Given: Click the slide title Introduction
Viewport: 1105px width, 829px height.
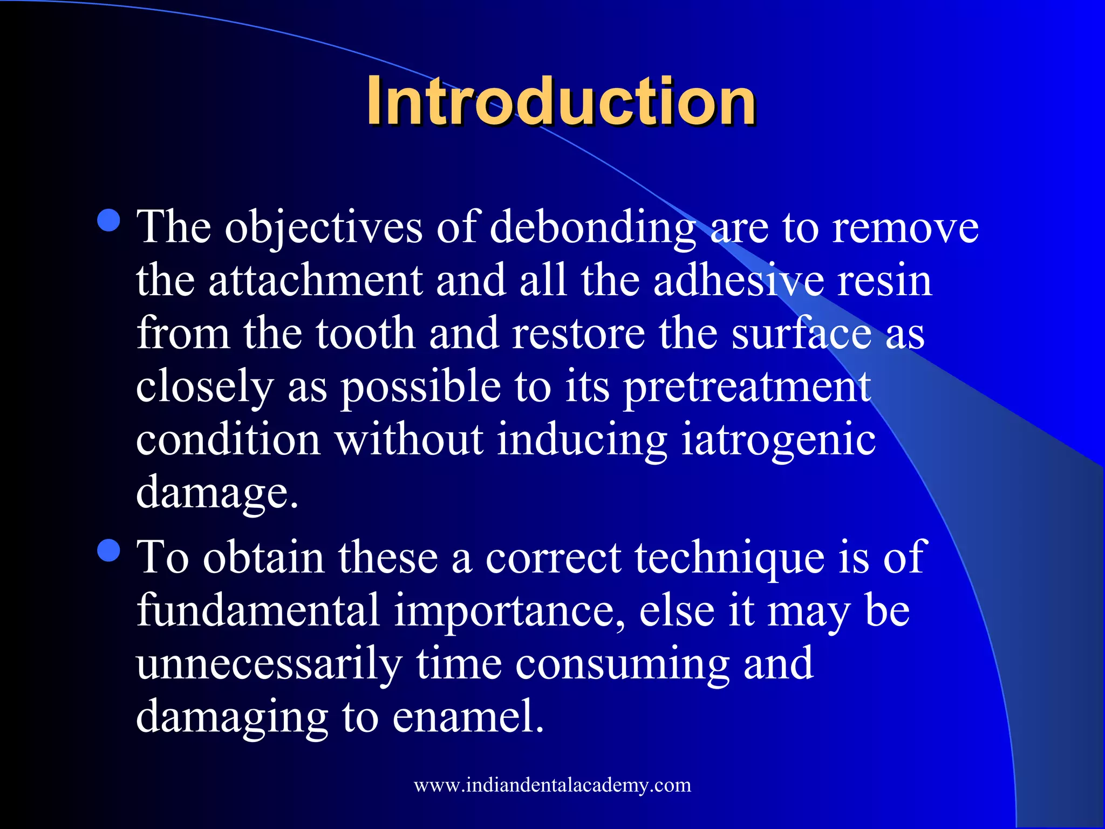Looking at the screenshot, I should tap(561, 101).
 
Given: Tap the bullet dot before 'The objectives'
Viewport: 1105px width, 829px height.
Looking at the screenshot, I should tap(110, 220).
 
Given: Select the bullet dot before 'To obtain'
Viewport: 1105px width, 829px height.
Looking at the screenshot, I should tap(110, 551).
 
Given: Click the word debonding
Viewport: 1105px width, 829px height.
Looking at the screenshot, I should tap(593, 228).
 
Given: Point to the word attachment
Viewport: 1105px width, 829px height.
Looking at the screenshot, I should tap(316, 281).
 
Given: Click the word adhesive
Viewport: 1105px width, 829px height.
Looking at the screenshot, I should tap(739, 281).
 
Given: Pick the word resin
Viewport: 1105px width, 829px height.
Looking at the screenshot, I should tap(885, 281).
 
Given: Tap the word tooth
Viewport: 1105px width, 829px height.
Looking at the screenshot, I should tap(365, 334).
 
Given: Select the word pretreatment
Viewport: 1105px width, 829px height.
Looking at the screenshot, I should tap(747, 388).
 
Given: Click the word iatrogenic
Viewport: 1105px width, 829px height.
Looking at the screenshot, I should tap(778, 440).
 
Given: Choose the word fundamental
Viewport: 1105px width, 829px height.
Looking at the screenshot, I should tap(258, 610).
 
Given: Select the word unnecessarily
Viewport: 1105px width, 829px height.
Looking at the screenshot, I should tap(269, 664).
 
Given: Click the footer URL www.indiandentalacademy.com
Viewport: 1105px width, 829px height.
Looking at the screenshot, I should tap(552, 785).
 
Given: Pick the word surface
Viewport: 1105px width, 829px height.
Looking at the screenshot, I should tap(801, 334).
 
